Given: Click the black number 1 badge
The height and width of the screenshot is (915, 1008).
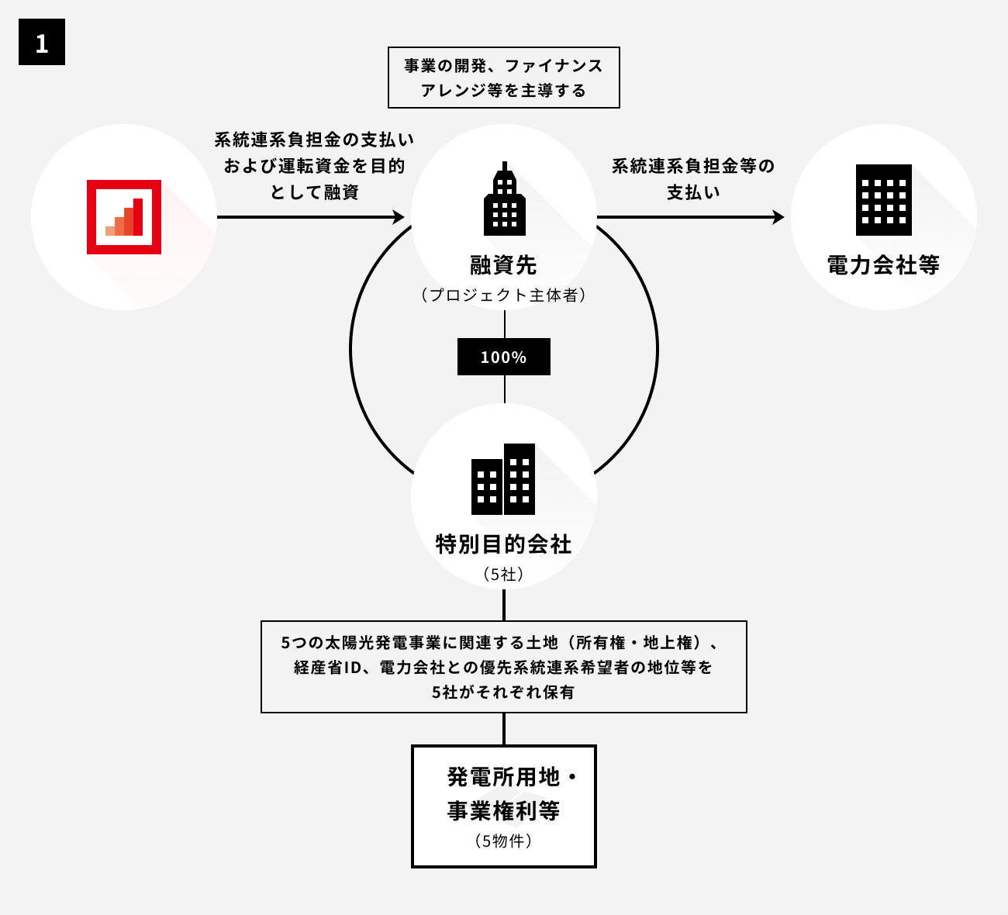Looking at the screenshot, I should (x=42, y=43).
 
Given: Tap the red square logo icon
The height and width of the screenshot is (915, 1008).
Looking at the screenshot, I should (x=124, y=217).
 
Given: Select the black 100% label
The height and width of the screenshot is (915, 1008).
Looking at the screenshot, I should (x=504, y=357).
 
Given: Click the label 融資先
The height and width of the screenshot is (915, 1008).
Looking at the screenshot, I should (x=504, y=265).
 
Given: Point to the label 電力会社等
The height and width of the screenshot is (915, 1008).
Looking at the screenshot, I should (x=883, y=265).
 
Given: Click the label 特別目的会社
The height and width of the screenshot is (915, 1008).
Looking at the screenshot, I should (x=504, y=544).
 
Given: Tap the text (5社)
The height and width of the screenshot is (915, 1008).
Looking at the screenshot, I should (x=504, y=575).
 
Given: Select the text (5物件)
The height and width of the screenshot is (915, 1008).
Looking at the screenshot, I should (x=504, y=841).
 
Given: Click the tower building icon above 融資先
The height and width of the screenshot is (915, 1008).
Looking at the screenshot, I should (x=504, y=199).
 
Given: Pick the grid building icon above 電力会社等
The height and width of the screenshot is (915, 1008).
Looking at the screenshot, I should (x=883, y=200).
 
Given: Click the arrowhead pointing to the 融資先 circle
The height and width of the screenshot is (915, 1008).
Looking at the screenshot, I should (x=399, y=217).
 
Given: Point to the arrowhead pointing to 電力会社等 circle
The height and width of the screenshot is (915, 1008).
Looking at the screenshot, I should (x=778, y=217).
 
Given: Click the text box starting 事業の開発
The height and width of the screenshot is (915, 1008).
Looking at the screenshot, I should (x=504, y=78).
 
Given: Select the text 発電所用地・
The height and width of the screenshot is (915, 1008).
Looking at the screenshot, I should (x=513, y=777).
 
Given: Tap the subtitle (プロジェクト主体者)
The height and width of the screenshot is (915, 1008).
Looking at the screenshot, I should (x=504, y=295).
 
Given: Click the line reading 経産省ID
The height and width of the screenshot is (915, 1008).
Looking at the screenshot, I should (x=504, y=667).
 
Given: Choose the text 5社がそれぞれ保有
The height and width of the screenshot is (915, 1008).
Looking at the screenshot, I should (x=504, y=692).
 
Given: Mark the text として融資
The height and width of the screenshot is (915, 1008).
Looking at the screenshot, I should (x=314, y=192).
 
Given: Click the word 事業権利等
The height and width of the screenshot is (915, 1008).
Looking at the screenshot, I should (x=504, y=811).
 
